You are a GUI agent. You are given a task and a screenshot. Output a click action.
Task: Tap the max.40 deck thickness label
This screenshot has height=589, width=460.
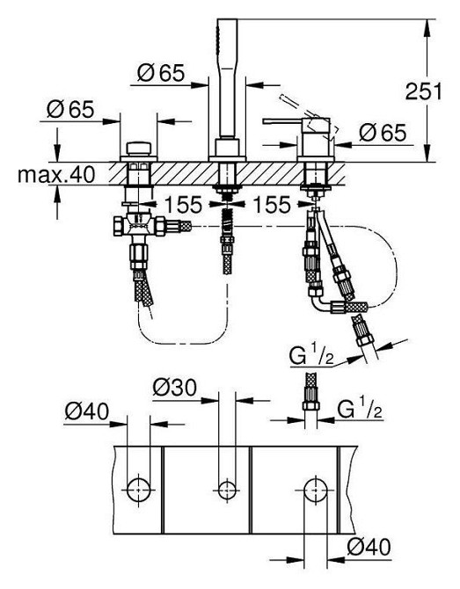click(55, 175)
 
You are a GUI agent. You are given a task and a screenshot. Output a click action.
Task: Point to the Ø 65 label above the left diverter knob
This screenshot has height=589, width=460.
click(70, 111)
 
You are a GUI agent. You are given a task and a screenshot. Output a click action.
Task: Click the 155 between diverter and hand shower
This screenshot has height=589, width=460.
click(181, 205)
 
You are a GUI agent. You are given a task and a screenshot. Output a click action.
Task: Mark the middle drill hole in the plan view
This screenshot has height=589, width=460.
click(227, 488)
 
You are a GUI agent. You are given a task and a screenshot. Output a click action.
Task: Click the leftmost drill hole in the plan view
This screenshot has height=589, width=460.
click(138, 488)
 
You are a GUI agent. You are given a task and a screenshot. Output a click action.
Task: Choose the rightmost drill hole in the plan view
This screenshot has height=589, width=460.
click(315, 488)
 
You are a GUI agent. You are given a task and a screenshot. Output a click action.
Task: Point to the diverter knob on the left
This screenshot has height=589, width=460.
click(138, 146)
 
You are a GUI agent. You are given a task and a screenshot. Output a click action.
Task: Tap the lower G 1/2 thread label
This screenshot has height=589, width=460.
click(361, 409)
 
